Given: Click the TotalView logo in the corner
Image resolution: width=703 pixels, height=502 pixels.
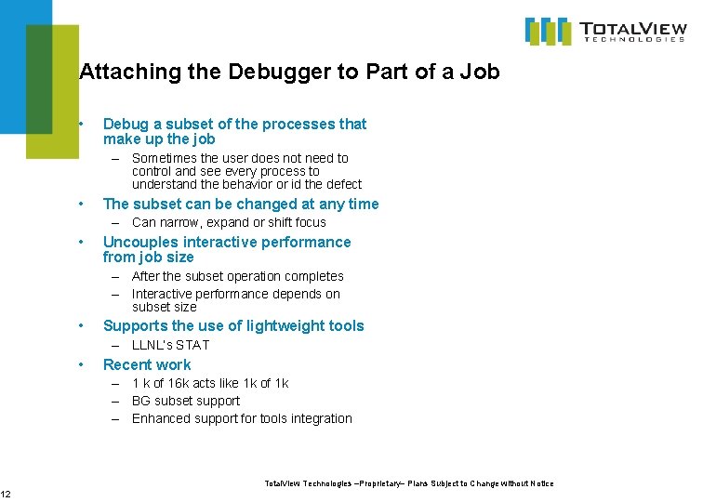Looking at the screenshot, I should tap(605, 32).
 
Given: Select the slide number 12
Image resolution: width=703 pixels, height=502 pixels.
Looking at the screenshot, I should tap(6, 493).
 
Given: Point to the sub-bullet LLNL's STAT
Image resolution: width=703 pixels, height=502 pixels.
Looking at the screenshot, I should tap(170, 345).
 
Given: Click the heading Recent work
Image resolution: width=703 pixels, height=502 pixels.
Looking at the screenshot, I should tap(147, 364).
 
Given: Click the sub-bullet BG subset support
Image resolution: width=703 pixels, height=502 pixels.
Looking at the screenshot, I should tap(186, 401).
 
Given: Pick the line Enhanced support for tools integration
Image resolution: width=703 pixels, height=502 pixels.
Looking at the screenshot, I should tap(242, 418).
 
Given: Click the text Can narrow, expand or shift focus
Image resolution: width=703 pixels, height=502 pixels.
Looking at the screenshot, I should tap(229, 222).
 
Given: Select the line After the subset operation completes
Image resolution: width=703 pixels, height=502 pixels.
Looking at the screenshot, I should tap(237, 276).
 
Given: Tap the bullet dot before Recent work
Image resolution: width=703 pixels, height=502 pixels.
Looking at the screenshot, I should tap(83, 364).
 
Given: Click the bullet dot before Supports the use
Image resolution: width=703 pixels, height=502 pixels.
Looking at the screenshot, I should tap(83, 325).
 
